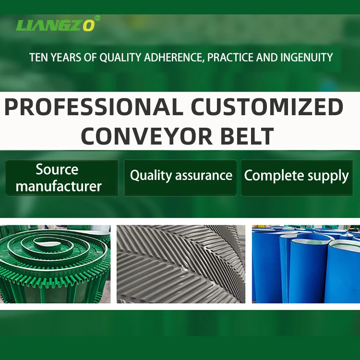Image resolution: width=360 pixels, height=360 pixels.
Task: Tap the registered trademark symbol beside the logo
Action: tap(98, 18)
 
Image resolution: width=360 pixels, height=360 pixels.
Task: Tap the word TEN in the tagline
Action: tap(38, 58)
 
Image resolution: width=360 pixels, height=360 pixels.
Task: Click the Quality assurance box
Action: tap(180, 178)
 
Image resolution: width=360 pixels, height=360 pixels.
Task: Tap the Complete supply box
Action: tap(296, 178)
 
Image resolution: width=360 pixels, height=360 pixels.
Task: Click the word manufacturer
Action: tap(59, 186)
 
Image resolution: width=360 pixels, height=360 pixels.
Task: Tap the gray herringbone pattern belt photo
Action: tap(180, 264)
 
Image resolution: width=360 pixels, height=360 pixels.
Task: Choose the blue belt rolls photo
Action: tap(306, 264)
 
